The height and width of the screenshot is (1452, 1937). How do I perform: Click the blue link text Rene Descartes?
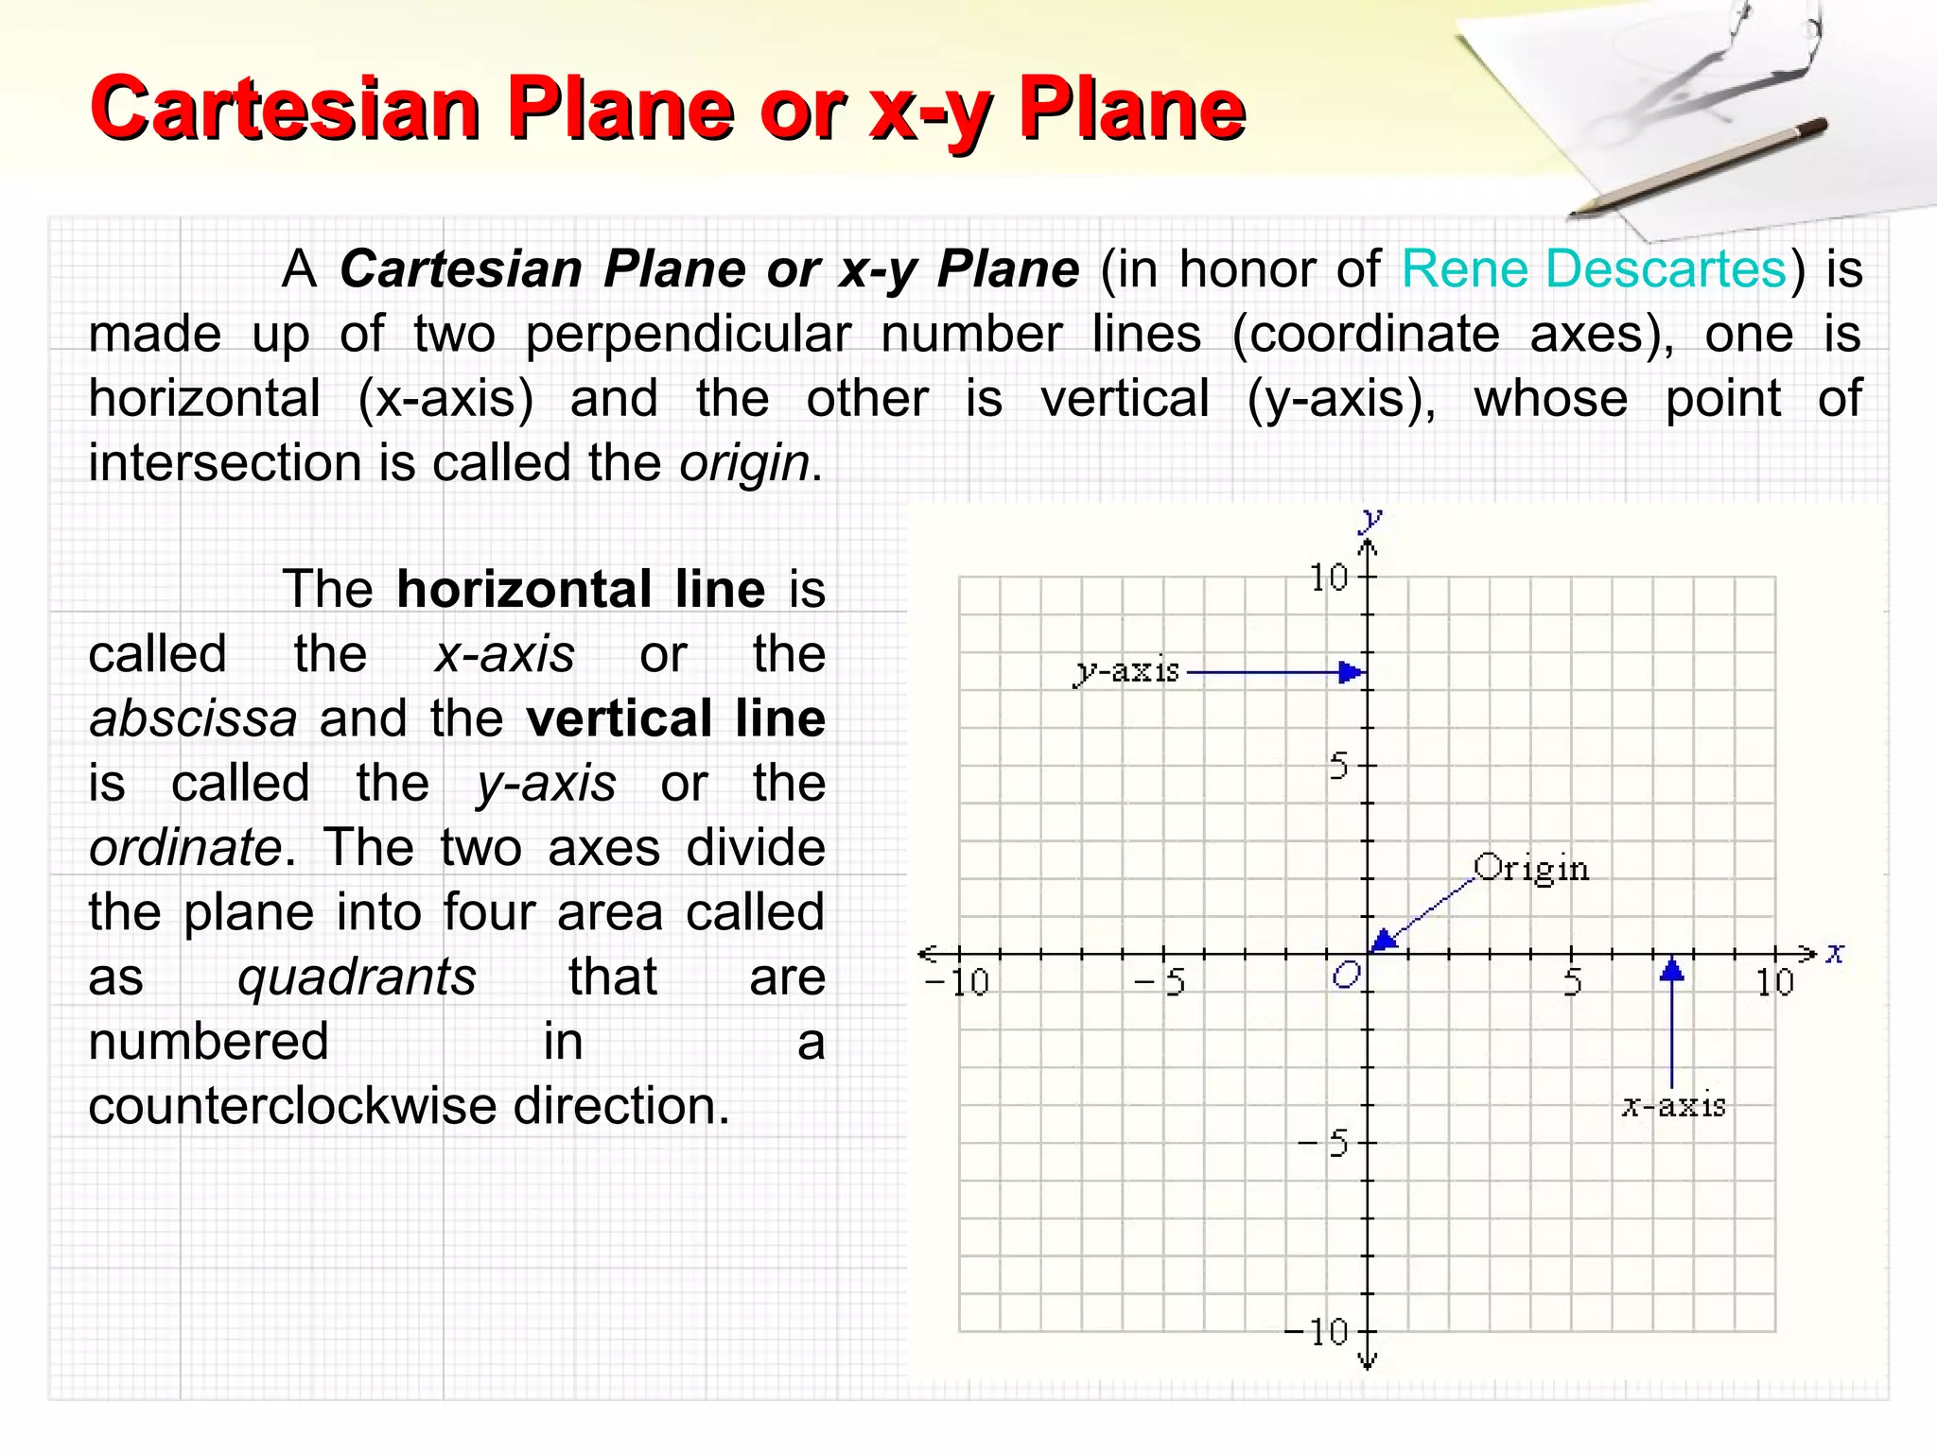click(x=1594, y=269)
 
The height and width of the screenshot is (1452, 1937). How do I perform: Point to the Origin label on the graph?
click(x=1531, y=868)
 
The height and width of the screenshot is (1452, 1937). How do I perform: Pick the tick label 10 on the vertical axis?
click(x=1329, y=578)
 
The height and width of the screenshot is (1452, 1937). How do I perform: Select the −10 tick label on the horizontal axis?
click(x=956, y=983)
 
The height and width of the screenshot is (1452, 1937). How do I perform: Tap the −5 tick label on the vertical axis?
click(x=1324, y=1145)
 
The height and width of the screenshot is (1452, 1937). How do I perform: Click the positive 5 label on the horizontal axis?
click(x=1572, y=983)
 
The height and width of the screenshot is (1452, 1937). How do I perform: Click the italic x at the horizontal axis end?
click(x=1835, y=952)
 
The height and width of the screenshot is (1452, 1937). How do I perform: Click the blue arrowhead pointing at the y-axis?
click(x=1352, y=673)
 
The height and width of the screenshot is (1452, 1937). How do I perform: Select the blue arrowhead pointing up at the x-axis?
click(x=1672, y=970)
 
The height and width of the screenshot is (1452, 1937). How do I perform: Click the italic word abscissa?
click(x=193, y=718)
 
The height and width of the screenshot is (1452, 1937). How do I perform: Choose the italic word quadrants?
click(x=357, y=977)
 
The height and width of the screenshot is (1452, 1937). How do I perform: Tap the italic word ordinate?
click(x=185, y=848)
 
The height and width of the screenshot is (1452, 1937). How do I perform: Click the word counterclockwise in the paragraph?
click(x=292, y=1106)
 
